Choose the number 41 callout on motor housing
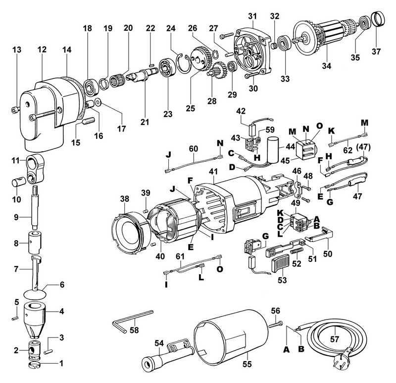(213, 171)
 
